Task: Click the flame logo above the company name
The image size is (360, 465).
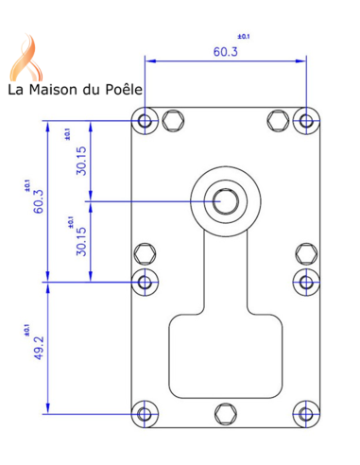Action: click(28, 57)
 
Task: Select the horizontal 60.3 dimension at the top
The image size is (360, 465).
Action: click(225, 51)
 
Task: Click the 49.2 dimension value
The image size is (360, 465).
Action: click(39, 347)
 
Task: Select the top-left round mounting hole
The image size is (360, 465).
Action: click(145, 121)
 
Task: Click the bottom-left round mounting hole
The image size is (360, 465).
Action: click(145, 413)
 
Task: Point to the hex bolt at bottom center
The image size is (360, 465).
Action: click(224, 413)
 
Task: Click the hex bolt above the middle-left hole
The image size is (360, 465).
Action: click(145, 253)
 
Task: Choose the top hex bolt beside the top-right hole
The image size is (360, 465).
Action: click(277, 120)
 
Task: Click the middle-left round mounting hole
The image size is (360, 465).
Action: click(145, 281)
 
